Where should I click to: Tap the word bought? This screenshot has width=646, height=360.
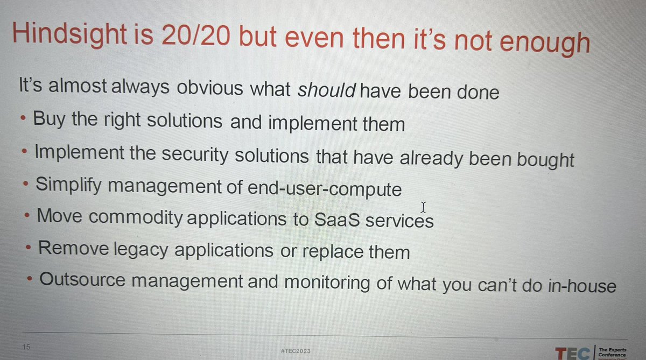click(540, 160)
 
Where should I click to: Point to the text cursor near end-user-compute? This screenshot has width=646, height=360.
click(424, 207)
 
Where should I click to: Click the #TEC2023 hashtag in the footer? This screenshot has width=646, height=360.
click(296, 350)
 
